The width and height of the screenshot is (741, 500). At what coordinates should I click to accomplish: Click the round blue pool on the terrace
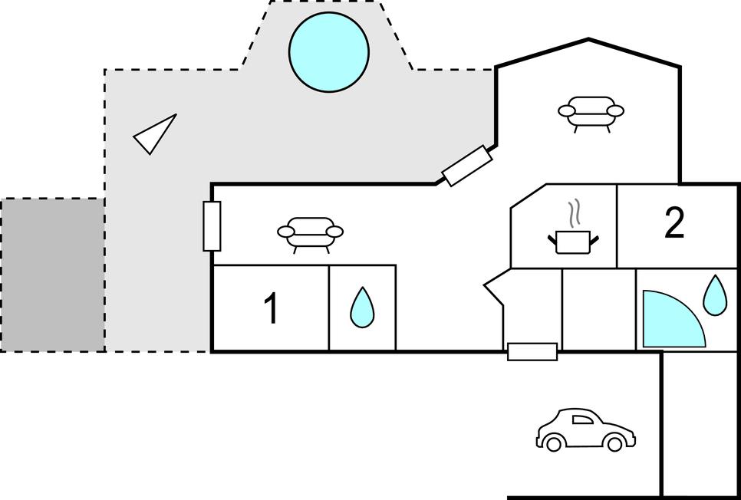(328, 52)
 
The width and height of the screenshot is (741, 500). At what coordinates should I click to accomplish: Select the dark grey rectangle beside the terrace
(52, 275)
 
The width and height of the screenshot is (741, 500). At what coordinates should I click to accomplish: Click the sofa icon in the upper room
(591, 113)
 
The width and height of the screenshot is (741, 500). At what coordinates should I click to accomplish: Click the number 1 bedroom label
(271, 308)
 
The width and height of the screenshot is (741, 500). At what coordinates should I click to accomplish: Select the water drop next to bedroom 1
(362, 307)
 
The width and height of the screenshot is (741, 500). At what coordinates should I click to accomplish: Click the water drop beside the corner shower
(715, 295)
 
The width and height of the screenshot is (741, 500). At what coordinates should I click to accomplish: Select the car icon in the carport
(585, 429)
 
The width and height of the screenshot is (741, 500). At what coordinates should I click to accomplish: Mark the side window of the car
(582, 419)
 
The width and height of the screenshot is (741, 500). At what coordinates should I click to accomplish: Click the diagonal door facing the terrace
(467, 166)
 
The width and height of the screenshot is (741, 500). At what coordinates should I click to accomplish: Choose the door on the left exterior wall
(212, 226)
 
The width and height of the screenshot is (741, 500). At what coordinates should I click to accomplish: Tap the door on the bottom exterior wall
(532, 351)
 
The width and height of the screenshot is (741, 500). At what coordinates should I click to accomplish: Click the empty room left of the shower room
(599, 310)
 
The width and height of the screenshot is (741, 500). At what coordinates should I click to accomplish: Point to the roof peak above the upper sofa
(588, 39)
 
